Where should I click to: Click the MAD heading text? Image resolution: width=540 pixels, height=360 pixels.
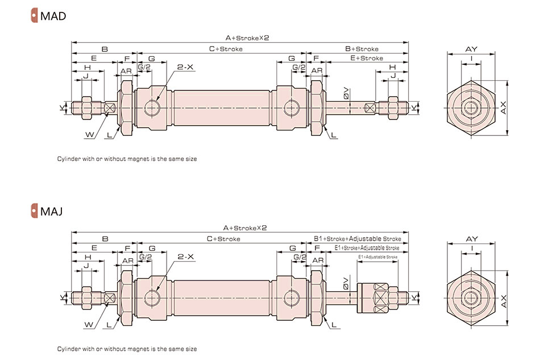pos(53,15)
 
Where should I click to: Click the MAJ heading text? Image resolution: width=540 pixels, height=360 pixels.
pos(51,212)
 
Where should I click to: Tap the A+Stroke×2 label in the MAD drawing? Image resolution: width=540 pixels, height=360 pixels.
pos(246,38)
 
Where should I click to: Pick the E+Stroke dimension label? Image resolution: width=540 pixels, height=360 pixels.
pos(366,58)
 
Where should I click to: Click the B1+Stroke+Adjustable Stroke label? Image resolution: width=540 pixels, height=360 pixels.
pos(358,239)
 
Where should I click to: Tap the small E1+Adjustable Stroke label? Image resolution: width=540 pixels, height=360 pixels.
pos(377,258)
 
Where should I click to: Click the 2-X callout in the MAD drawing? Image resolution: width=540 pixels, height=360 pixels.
pos(186,67)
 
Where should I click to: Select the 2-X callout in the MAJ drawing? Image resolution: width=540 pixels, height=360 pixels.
pos(186,257)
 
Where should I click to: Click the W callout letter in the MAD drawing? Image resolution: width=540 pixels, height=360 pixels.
pos(89,134)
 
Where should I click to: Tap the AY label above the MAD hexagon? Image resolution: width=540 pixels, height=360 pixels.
pos(471,49)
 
